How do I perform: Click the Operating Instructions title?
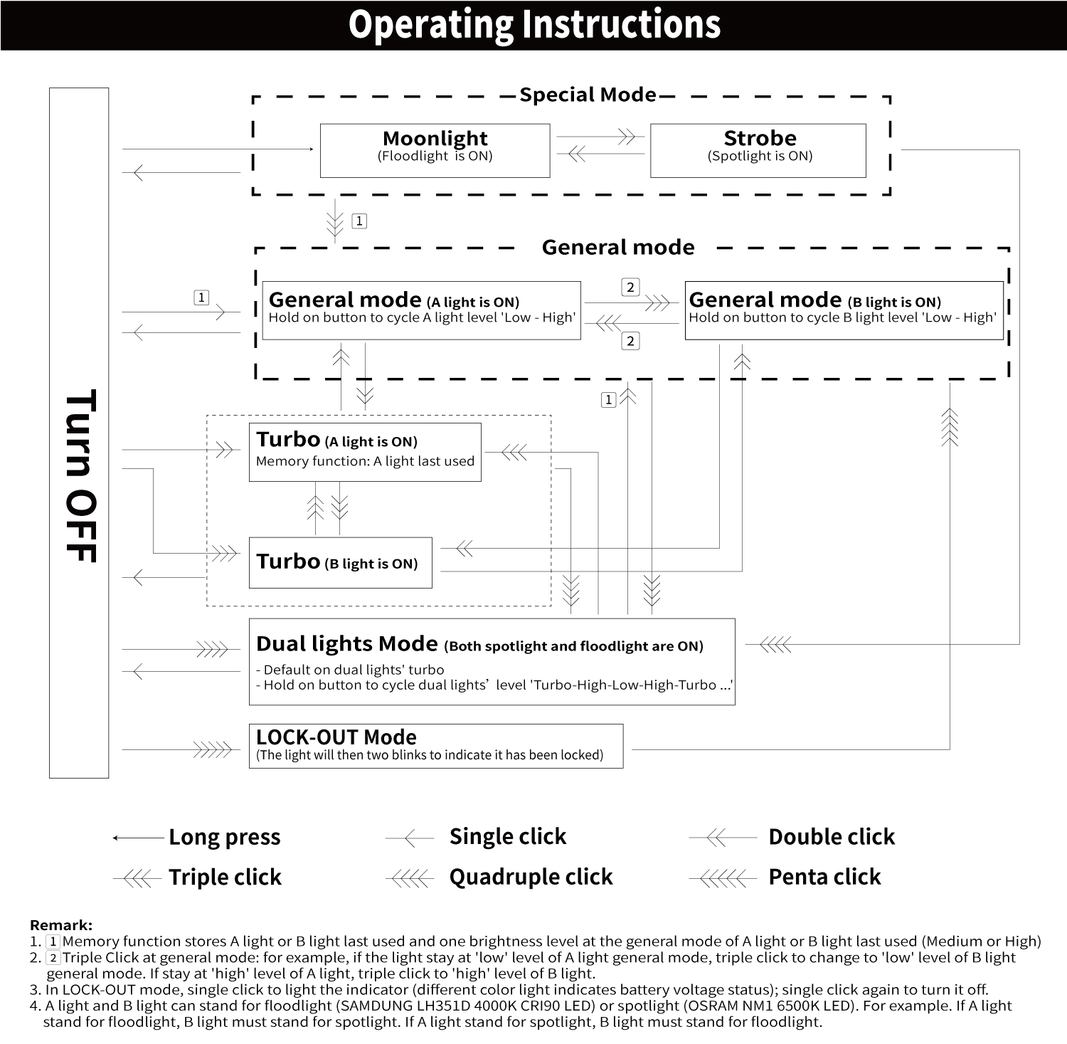coord(534,24)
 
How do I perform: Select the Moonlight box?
coord(435,150)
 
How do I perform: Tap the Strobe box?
coord(758,150)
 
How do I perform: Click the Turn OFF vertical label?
coord(79,475)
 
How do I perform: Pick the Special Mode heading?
coord(588,95)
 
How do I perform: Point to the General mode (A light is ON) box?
coord(421,310)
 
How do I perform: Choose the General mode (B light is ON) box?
coord(843,310)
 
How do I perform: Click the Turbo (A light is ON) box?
coord(365,452)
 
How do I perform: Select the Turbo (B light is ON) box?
coord(340,562)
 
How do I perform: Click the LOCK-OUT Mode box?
coord(435,745)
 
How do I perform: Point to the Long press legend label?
coord(225,837)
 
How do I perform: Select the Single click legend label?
coord(508,837)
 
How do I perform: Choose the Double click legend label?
coord(832,837)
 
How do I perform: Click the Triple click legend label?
coord(225,877)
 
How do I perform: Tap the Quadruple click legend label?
coord(531,877)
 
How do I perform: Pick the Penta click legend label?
coord(824,877)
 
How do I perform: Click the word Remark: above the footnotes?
coord(61,925)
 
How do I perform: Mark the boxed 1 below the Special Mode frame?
coord(359,221)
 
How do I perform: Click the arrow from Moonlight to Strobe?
coord(600,137)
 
